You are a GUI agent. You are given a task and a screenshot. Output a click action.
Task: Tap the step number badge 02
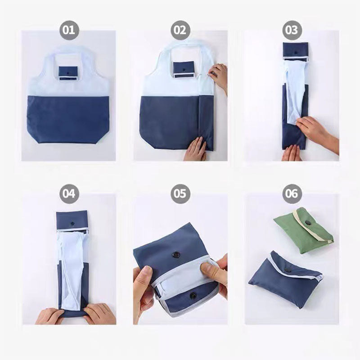tap(180, 30)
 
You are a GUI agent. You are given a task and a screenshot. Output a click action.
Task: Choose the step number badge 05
tap(180, 194)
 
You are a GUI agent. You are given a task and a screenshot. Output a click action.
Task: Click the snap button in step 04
tap(72, 223)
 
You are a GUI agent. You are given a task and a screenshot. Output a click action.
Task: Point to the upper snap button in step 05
tap(177, 255)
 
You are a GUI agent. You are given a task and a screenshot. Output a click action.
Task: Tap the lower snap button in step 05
tap(193, 296)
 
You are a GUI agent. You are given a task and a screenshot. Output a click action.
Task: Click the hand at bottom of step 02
tap(196, 149)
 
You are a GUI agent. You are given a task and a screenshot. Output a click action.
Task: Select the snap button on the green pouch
tap(308, 222)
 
